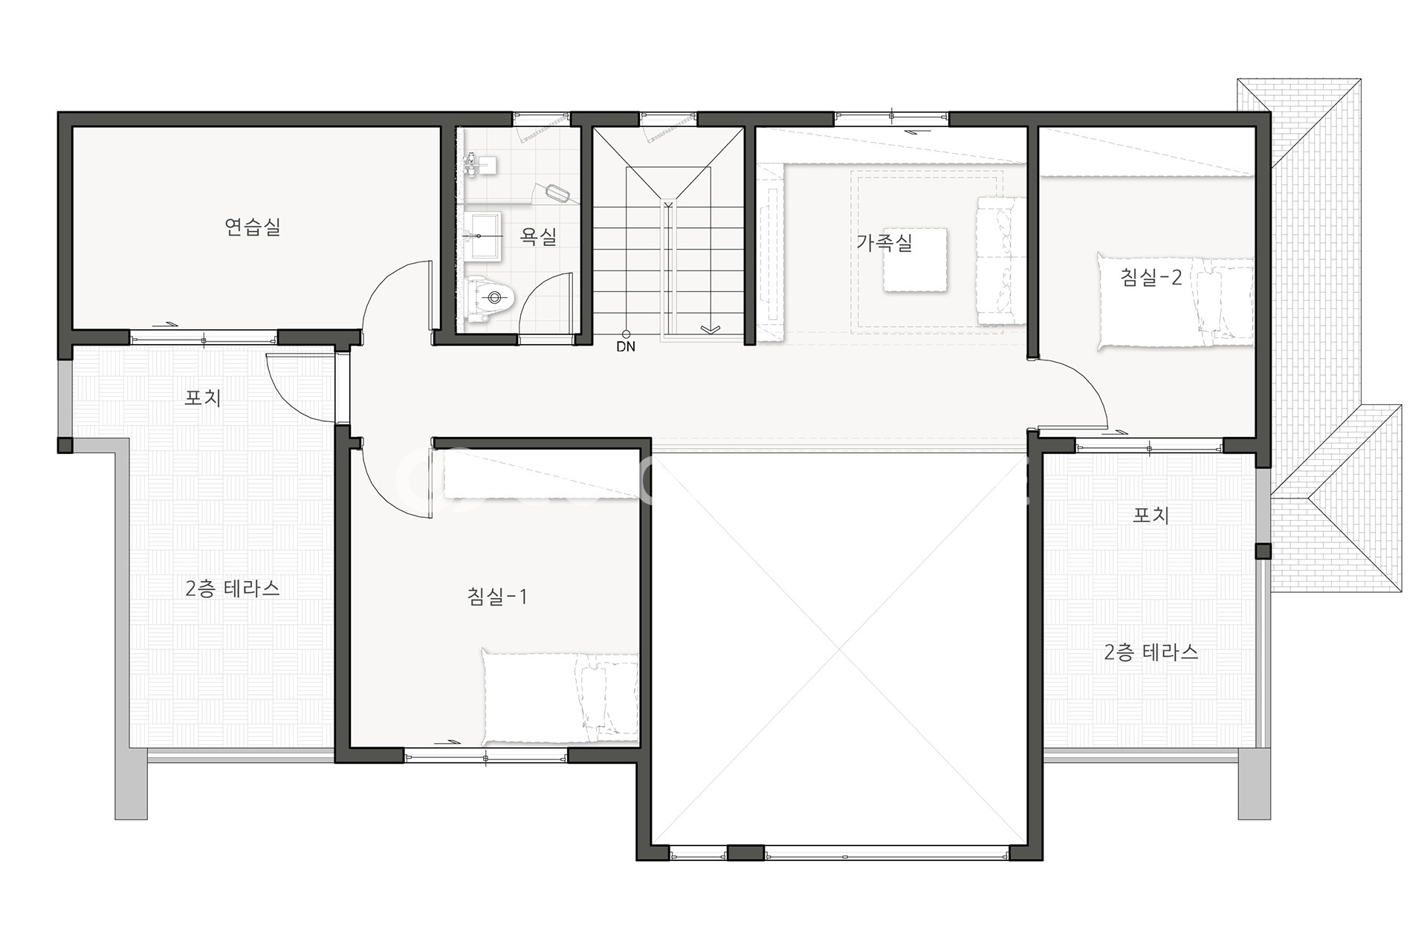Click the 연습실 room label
(253, 227)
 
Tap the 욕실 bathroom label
(538, 236)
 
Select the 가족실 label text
(884, 242)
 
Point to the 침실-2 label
(1151, 277)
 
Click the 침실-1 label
(497, 596)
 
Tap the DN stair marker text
(626, 346)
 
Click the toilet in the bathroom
(490, 299)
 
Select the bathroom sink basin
(483, 236)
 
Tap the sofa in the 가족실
(1000, 260)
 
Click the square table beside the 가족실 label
(915, 260)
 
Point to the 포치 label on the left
(203, 397)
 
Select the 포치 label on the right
(1151, 514)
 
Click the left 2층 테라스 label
(232, 588)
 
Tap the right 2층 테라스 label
(1151, 652)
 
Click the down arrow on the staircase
(711, 329)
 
